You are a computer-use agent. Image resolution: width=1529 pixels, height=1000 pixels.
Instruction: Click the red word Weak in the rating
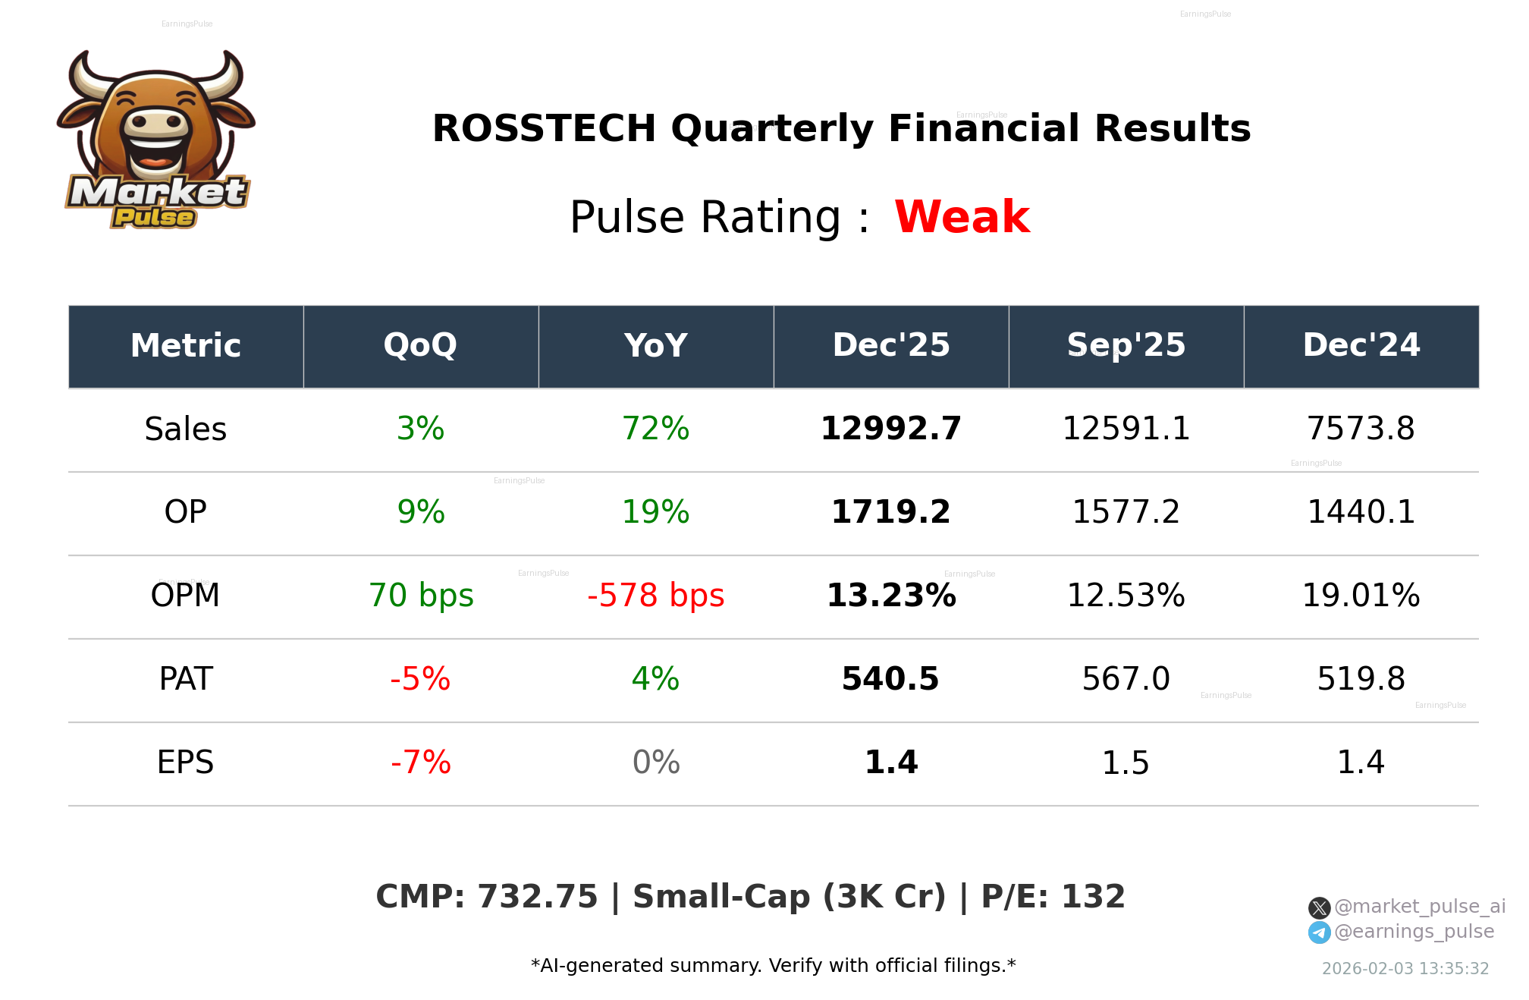(x=961, y=217)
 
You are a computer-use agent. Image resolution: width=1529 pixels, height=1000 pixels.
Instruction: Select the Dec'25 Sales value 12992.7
(x=890, y=429)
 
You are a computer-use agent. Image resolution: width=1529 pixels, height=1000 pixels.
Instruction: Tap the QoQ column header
(x=420, y=345)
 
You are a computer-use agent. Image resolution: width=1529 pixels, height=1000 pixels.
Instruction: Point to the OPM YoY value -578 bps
(x=655, y=596)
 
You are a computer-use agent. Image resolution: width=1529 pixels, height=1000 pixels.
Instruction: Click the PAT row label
(x=186, y=679)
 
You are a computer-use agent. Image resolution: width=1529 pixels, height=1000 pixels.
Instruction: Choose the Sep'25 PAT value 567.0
(x=1126, y=679)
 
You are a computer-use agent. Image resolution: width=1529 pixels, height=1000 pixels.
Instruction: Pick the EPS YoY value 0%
(x=655, y=763)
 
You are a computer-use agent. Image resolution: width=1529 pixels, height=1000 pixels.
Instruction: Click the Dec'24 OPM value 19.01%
(x=1361, y=596)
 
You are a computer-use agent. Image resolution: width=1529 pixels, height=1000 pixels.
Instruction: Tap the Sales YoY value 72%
(x=655, y=429)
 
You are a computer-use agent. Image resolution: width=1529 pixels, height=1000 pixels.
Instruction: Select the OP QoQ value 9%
(x=420, y=512)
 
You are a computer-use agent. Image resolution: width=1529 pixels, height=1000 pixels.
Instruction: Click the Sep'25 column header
(x=1126, y=345)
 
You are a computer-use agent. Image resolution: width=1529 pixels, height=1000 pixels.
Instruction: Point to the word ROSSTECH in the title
(x=544, y=128)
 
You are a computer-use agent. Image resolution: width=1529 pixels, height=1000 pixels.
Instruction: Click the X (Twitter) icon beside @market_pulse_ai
(x=1319, y=907)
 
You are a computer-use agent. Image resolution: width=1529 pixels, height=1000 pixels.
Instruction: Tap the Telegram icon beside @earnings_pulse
(x=1319, y=932)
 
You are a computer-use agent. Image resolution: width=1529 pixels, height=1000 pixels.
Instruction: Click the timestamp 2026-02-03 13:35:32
(x=1405, y=969)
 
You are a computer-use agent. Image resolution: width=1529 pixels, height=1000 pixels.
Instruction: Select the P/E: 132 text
(x=1053, y=897)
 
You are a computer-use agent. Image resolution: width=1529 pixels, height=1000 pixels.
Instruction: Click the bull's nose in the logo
(x=156, y=122)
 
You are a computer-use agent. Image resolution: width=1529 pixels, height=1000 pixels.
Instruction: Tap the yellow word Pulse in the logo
(x=154, y=218)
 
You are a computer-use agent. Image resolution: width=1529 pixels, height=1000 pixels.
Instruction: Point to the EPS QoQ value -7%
(x=420, y=763)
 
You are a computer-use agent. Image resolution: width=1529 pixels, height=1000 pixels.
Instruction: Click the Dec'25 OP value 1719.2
(x=890, y=512)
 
